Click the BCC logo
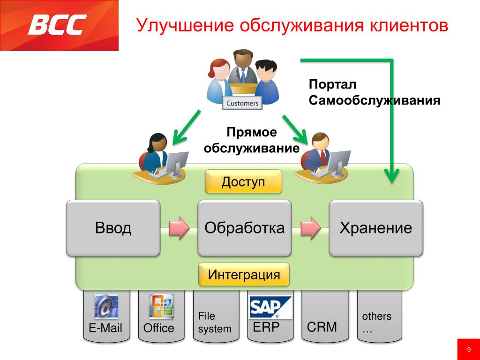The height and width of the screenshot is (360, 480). point(58,25)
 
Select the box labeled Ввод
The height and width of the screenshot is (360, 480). point(113,228)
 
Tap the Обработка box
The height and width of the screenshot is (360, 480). point(244,228)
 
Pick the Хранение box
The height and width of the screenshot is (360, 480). point(375,228)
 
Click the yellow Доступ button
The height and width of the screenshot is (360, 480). point(243,182)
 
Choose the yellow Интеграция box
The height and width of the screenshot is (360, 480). point(244,275)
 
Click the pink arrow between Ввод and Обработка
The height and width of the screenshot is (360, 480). point(179,228)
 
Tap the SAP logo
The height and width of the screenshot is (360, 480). point(270,307)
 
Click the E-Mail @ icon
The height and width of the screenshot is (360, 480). point(106,307)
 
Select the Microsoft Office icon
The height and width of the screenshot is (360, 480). point(161,307)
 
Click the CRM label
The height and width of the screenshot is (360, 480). point(322,327)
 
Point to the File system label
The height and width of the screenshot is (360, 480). point(214,322)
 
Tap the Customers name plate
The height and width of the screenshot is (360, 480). point(242,103)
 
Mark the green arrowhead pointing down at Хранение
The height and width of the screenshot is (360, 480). point(391,176)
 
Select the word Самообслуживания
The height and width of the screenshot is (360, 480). point(374,100)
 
